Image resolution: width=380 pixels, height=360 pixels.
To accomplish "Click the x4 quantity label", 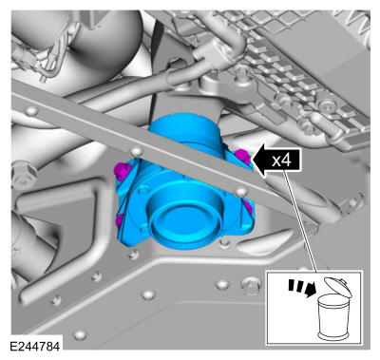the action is tap(281, 161).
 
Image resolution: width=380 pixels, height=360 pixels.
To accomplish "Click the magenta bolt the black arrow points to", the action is tap(242, 156).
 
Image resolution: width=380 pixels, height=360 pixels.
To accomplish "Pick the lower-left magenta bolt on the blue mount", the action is tap(120, 220).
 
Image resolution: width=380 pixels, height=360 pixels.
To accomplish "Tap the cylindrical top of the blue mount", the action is tap(182, 129).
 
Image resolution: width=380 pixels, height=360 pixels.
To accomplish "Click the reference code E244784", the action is tap(34, 346).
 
